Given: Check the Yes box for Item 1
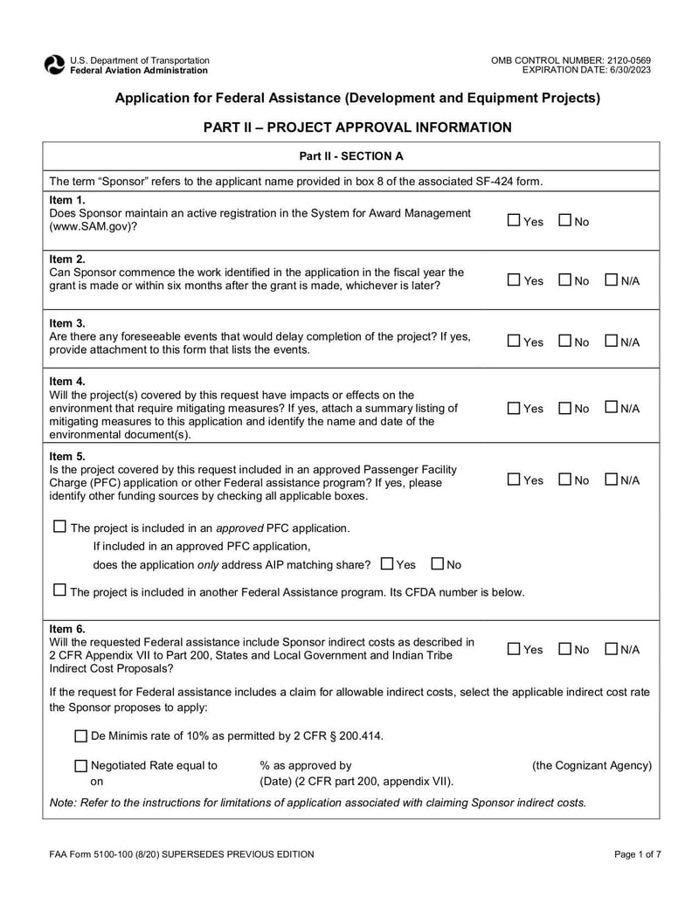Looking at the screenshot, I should click(514, 221).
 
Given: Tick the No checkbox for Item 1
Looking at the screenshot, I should click(564, 221).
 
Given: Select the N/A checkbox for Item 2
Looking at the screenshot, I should click(611, 280).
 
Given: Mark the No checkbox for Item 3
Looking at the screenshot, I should click(564, 342).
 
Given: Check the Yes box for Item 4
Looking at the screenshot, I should click(514, 408).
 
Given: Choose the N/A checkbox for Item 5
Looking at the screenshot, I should click(611, 480).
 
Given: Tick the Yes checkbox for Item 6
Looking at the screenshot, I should click(514, 649).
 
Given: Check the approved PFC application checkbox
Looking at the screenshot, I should click(59, 528).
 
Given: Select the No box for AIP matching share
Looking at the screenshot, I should click(438, 564).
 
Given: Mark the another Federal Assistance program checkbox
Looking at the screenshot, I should click(59, 591).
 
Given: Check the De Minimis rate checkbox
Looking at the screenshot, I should click(81, 735).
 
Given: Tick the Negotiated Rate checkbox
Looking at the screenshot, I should click(81, 766).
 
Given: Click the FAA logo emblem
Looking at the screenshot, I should click(54, 65).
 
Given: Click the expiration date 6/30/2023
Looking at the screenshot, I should click(628, 70).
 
